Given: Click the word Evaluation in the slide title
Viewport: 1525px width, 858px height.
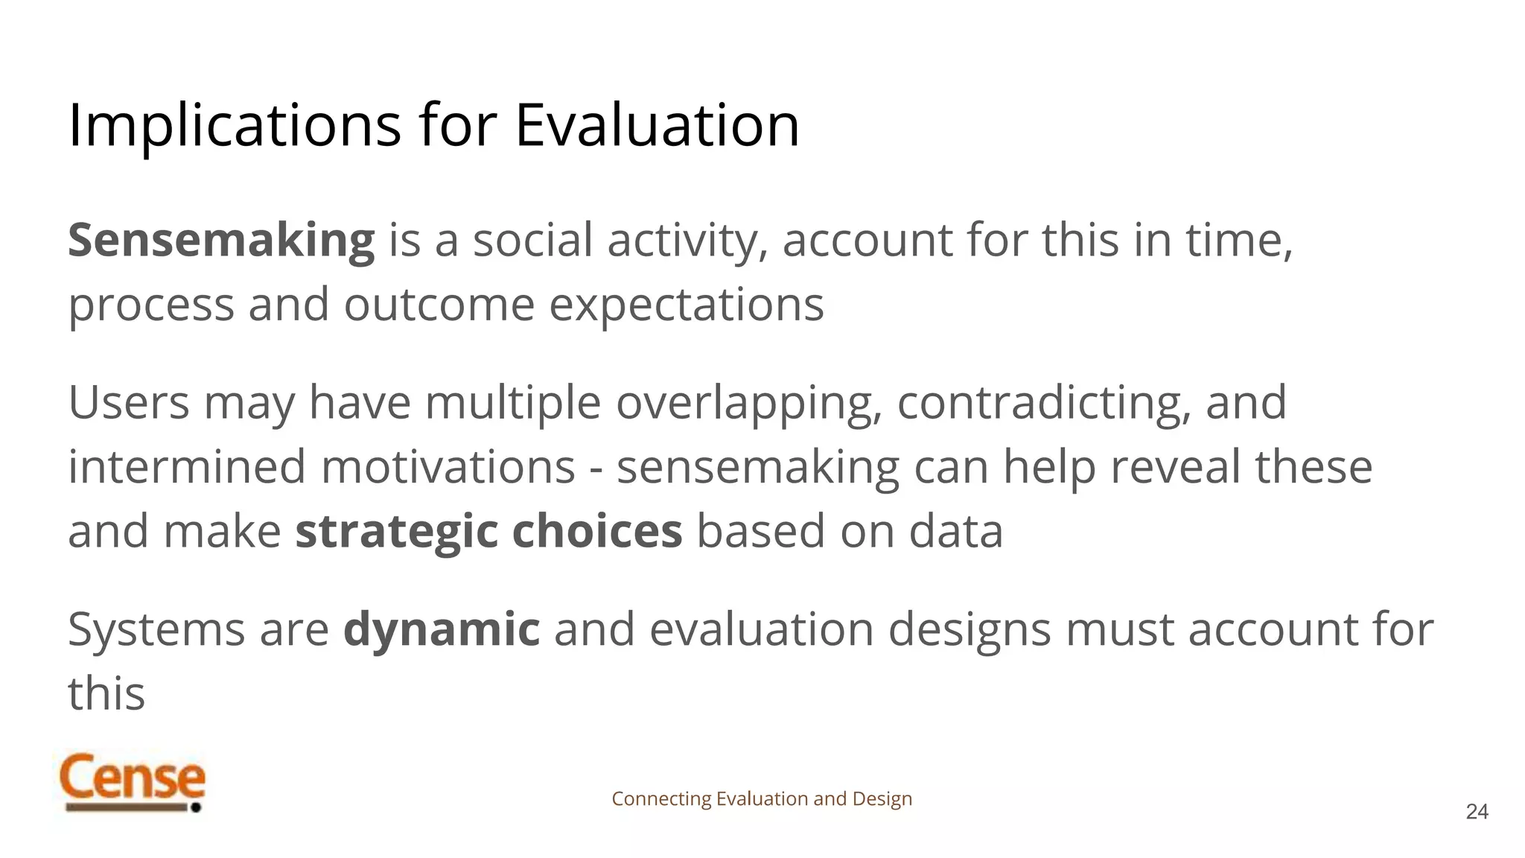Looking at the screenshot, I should point(657,125).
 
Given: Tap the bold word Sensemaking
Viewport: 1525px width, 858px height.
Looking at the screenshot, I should point(221,241).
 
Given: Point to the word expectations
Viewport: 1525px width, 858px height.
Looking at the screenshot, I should point(686,305).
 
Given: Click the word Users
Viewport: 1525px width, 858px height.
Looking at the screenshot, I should point(129,402).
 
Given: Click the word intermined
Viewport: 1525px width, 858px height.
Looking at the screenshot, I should point(187,467).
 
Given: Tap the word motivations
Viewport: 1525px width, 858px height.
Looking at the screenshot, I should point(448,467).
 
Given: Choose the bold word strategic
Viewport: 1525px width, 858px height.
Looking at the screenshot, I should point(396,532).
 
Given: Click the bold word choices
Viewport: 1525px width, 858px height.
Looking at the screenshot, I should point(597,532).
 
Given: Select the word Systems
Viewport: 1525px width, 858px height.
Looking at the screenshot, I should point(156,629).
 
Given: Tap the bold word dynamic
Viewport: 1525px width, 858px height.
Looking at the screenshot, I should point(442,629).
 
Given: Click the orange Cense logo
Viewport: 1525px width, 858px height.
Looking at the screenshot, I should point(132,781).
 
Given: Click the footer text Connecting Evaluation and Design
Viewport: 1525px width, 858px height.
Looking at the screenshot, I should point(762,799).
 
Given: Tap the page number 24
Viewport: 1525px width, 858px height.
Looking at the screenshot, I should point(1477,812).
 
